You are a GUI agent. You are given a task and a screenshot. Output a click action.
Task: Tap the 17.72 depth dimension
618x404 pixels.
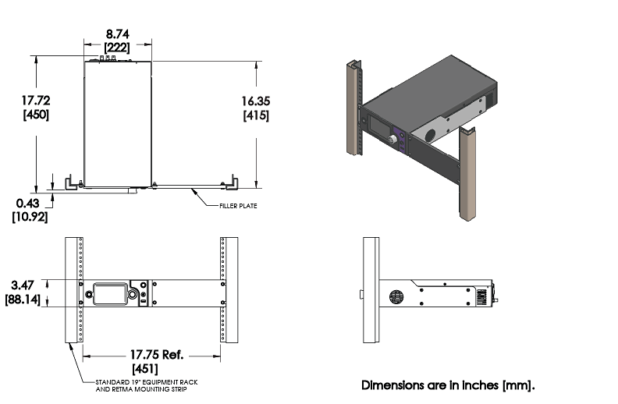(36, 101)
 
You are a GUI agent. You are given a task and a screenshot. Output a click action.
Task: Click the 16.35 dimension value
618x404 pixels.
(256, 101)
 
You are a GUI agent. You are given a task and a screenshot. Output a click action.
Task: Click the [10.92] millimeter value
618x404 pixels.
(30, 216)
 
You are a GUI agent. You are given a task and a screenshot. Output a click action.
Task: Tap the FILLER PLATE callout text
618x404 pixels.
(239, 206)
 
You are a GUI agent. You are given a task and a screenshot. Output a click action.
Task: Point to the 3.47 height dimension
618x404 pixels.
(26, 285)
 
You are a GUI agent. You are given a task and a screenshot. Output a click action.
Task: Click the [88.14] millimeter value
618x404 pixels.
(26, 299)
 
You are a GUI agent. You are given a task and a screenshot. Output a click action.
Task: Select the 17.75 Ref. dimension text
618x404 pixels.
(151, 353)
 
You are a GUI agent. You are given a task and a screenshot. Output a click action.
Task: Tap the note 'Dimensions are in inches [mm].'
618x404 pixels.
(449, 385)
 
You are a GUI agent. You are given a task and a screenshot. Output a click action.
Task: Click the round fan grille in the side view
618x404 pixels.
(395, 298)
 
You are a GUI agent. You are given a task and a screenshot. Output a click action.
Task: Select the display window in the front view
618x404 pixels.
(109, 294)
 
